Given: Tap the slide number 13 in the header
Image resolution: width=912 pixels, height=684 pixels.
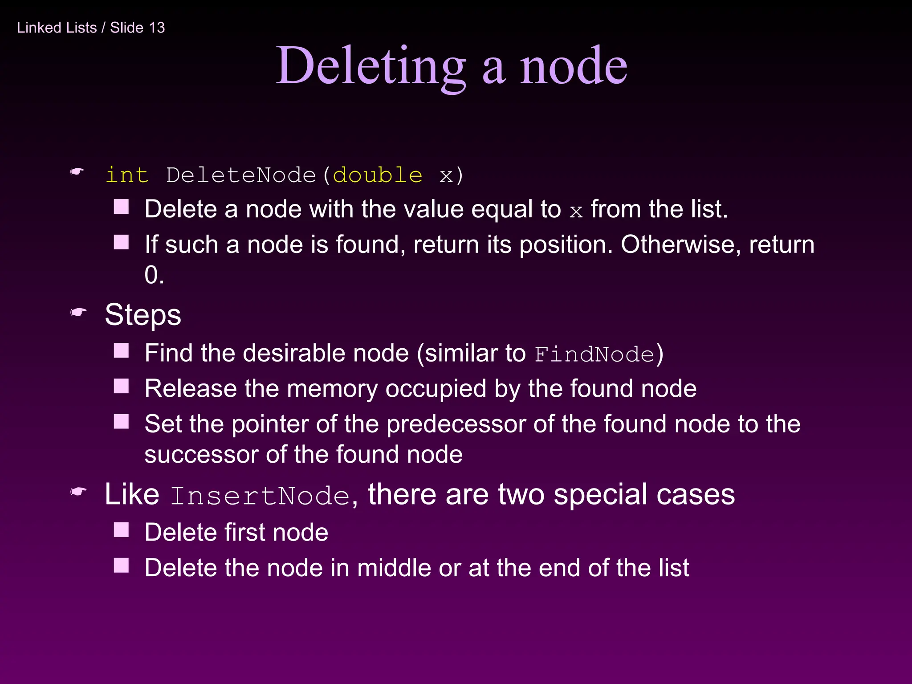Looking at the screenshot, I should [157, 28].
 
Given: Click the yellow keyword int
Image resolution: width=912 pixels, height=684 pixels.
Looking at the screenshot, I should [127, 175].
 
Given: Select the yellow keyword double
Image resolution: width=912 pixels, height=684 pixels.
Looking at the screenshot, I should [377, 175].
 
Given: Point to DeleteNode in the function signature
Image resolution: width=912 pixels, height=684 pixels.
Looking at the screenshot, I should [240, 175].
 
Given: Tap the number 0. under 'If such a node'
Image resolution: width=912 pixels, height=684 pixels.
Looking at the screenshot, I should [154, 275].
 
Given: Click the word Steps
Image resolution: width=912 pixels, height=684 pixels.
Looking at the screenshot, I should [143, 315].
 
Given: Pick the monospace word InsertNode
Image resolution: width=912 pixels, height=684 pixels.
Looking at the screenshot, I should [260, 496].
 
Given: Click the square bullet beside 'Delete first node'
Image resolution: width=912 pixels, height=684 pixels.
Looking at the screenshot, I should [121, 530].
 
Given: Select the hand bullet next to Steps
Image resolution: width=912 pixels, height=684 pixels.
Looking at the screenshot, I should [78, 313].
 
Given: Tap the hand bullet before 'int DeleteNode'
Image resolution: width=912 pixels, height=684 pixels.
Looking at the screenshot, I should [77, 172].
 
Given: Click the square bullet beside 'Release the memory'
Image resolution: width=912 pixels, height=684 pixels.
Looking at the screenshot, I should [121, 386].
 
